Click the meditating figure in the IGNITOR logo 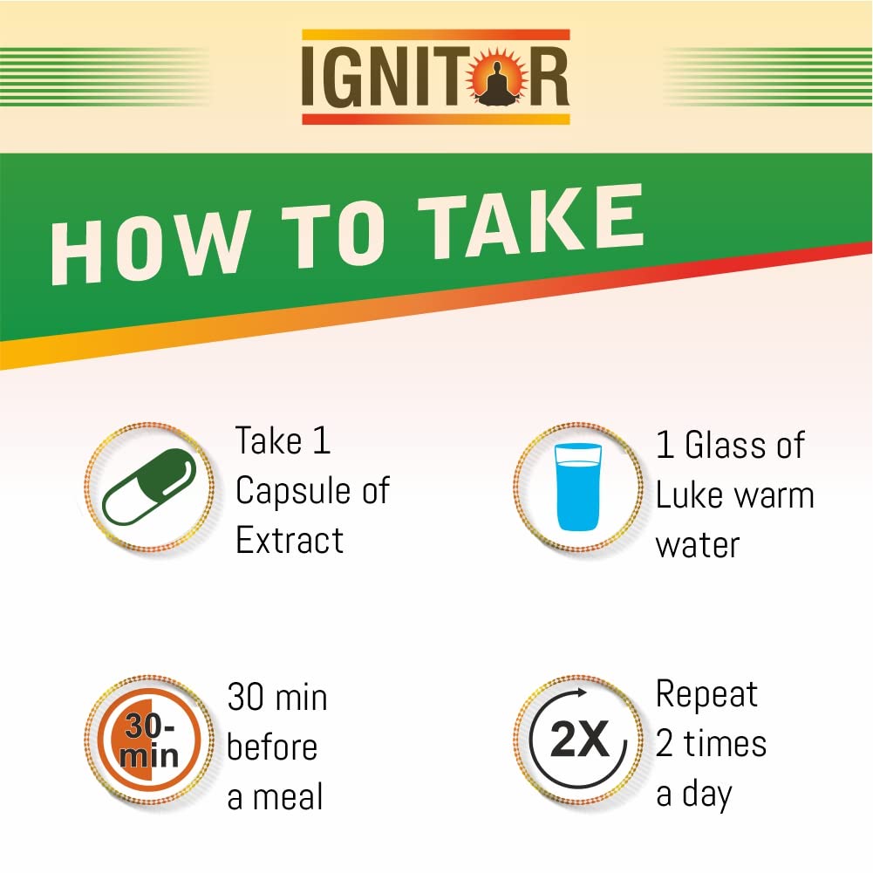(x=498, y=83)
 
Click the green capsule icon (x=149, y=487)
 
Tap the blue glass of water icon (x=578, y=487)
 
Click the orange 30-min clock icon (x=149, y=740)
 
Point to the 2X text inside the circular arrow (x=580, y=740)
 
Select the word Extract (x=290, y=540)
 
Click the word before (x=272, y=747)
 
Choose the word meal (x=288, y=797)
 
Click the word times (x=725, y=744)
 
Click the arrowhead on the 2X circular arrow (x=582, y=693)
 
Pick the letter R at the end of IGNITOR (x=548, y=77)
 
